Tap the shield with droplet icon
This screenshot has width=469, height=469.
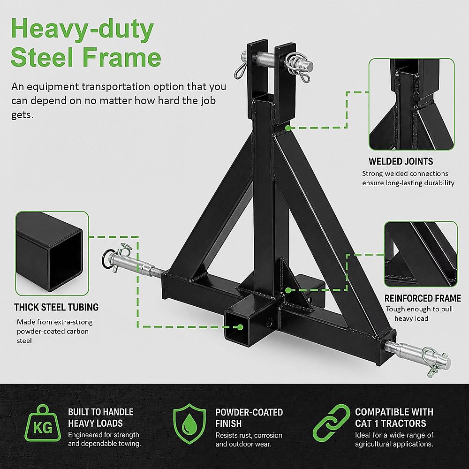click(x=189, y=424)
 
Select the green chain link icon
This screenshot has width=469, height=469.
click(x=332, y=423)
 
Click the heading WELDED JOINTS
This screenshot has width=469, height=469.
click(x=401, y=161)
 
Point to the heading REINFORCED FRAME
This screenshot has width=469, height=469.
click(x=423, y=298)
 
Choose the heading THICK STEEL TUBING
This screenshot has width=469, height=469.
click(x=56, y=307)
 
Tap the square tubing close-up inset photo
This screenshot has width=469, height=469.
click(x=52, y=253)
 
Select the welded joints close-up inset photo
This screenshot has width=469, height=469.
click(x=412, y=105)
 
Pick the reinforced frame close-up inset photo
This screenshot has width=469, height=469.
click(x=421, y=254)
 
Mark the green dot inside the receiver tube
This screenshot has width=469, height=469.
click(x=240, y=327)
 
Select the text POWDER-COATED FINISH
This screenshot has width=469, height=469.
click(x=249, y=418)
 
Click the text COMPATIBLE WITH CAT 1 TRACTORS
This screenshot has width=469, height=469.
click(x=394, y=417)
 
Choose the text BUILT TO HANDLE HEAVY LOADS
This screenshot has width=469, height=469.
click(x=100, y=417)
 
